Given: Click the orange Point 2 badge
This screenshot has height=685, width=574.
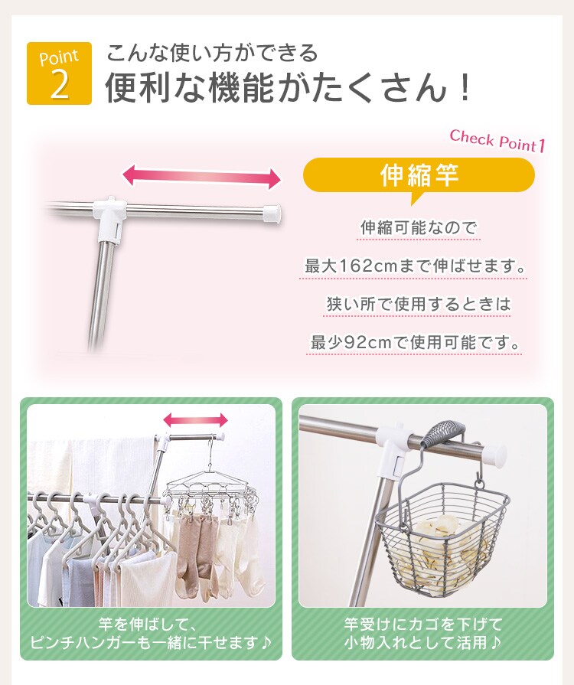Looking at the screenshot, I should point(59,73).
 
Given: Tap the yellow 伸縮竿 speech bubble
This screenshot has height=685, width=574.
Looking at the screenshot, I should point(419,175).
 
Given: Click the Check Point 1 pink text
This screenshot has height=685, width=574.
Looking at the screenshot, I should point(497,141).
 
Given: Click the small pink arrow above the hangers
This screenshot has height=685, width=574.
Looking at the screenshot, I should point(196,419).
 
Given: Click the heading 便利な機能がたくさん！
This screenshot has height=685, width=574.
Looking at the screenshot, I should point(288,89).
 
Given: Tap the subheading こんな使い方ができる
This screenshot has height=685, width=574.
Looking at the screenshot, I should point(211,54).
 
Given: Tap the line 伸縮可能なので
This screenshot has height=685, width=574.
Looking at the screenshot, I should point(419,228).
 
